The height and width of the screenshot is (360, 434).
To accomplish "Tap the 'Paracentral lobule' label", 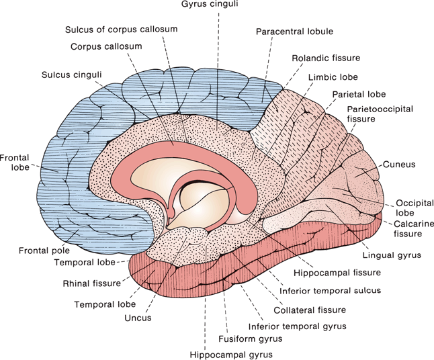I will coord(295,31).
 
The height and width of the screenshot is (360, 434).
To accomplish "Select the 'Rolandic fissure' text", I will coord(325,58).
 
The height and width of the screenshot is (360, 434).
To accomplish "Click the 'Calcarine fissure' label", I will coord(408,228).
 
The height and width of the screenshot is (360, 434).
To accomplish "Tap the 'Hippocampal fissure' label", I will coord(338,273).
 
